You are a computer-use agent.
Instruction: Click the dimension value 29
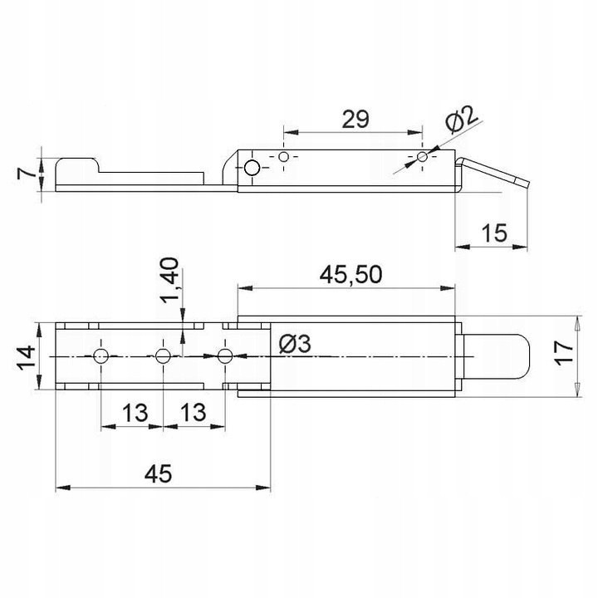[x=355, y=119]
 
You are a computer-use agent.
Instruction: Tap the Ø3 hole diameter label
[x=295, y=343]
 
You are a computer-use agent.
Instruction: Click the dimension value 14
[x=26, y=356]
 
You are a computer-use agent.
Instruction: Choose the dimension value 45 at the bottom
[x=158, y=474]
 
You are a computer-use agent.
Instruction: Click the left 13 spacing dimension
[x=132, y=411]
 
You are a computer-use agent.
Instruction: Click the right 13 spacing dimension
[x=194, y=411]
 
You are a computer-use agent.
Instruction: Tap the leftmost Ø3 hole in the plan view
[x=101, y=356]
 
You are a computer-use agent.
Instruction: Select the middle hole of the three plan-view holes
[x=163, y=356]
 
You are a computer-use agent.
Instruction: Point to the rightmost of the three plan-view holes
[x=224, y=356]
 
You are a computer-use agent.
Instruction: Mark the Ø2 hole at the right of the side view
[x=423, y=156]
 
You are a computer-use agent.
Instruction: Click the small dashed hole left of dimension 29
[x=284, y=156]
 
